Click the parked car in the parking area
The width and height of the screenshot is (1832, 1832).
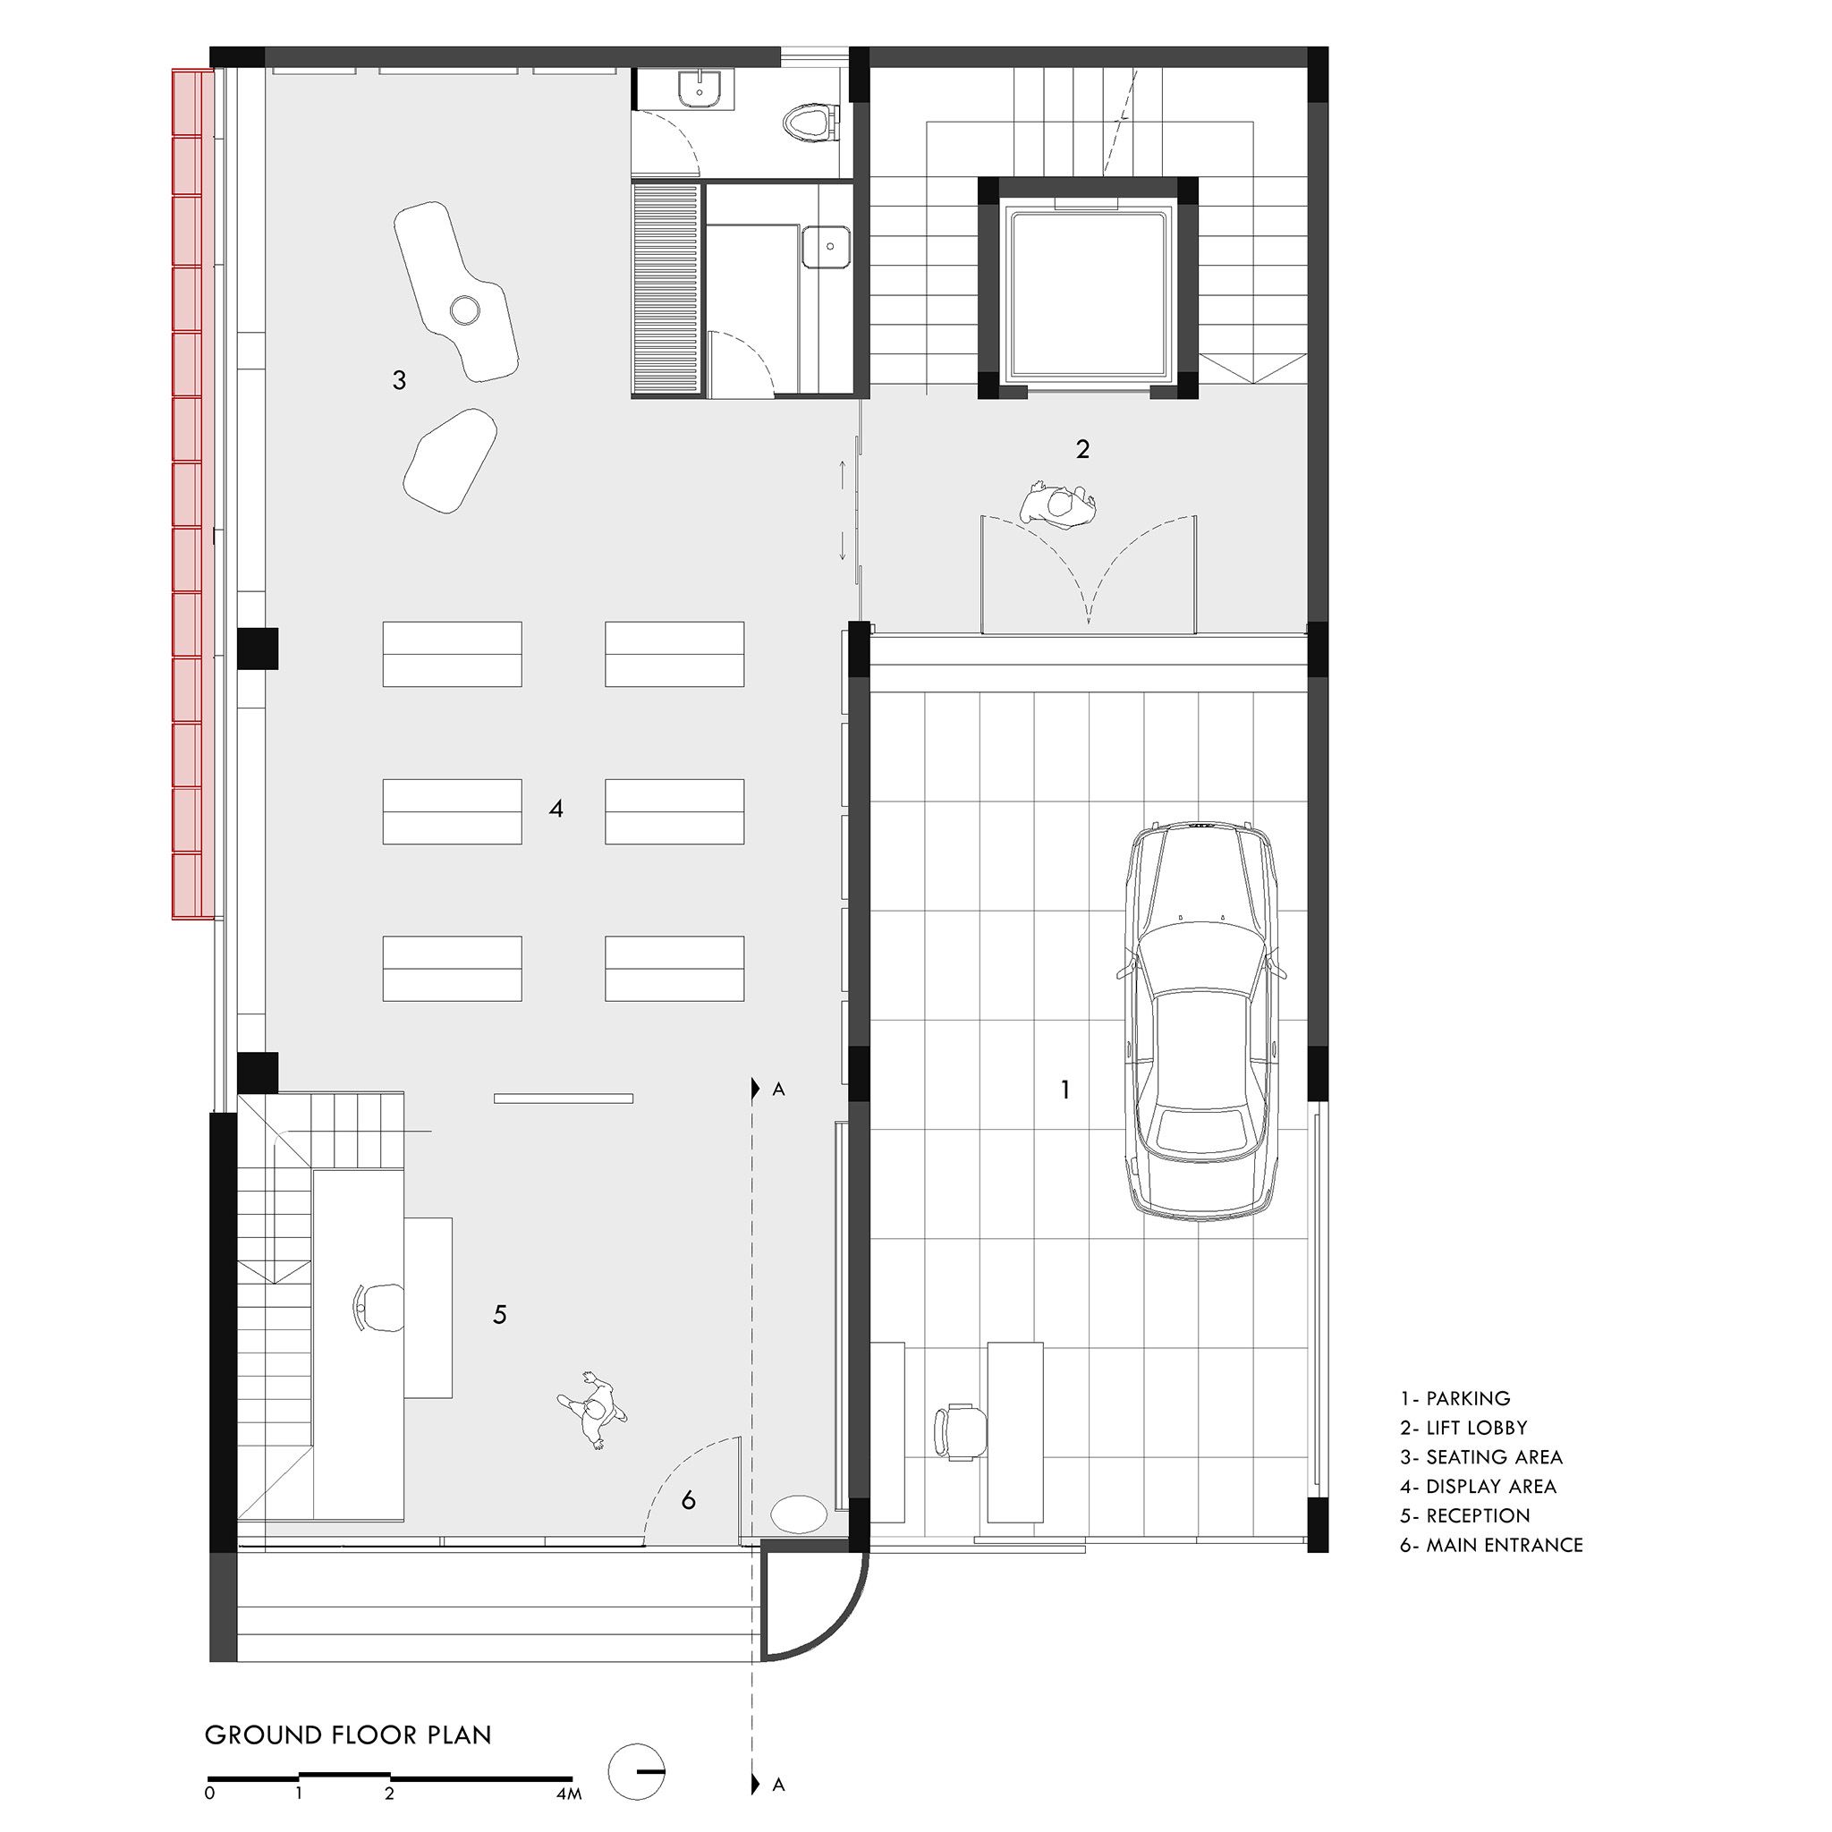tap(1201, 1021)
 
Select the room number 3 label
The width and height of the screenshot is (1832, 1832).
tap(399, 380)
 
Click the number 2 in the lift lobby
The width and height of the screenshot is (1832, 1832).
tap(1083, 448)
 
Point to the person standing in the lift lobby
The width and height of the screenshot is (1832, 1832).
tap(1058, 505)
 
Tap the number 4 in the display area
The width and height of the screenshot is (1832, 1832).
tap(556, 809)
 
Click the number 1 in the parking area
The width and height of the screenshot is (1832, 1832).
tap(1065, 1090)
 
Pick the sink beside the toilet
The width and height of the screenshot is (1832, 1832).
tap(701, 89)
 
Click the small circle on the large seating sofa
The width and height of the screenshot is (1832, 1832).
tap(464, 310)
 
